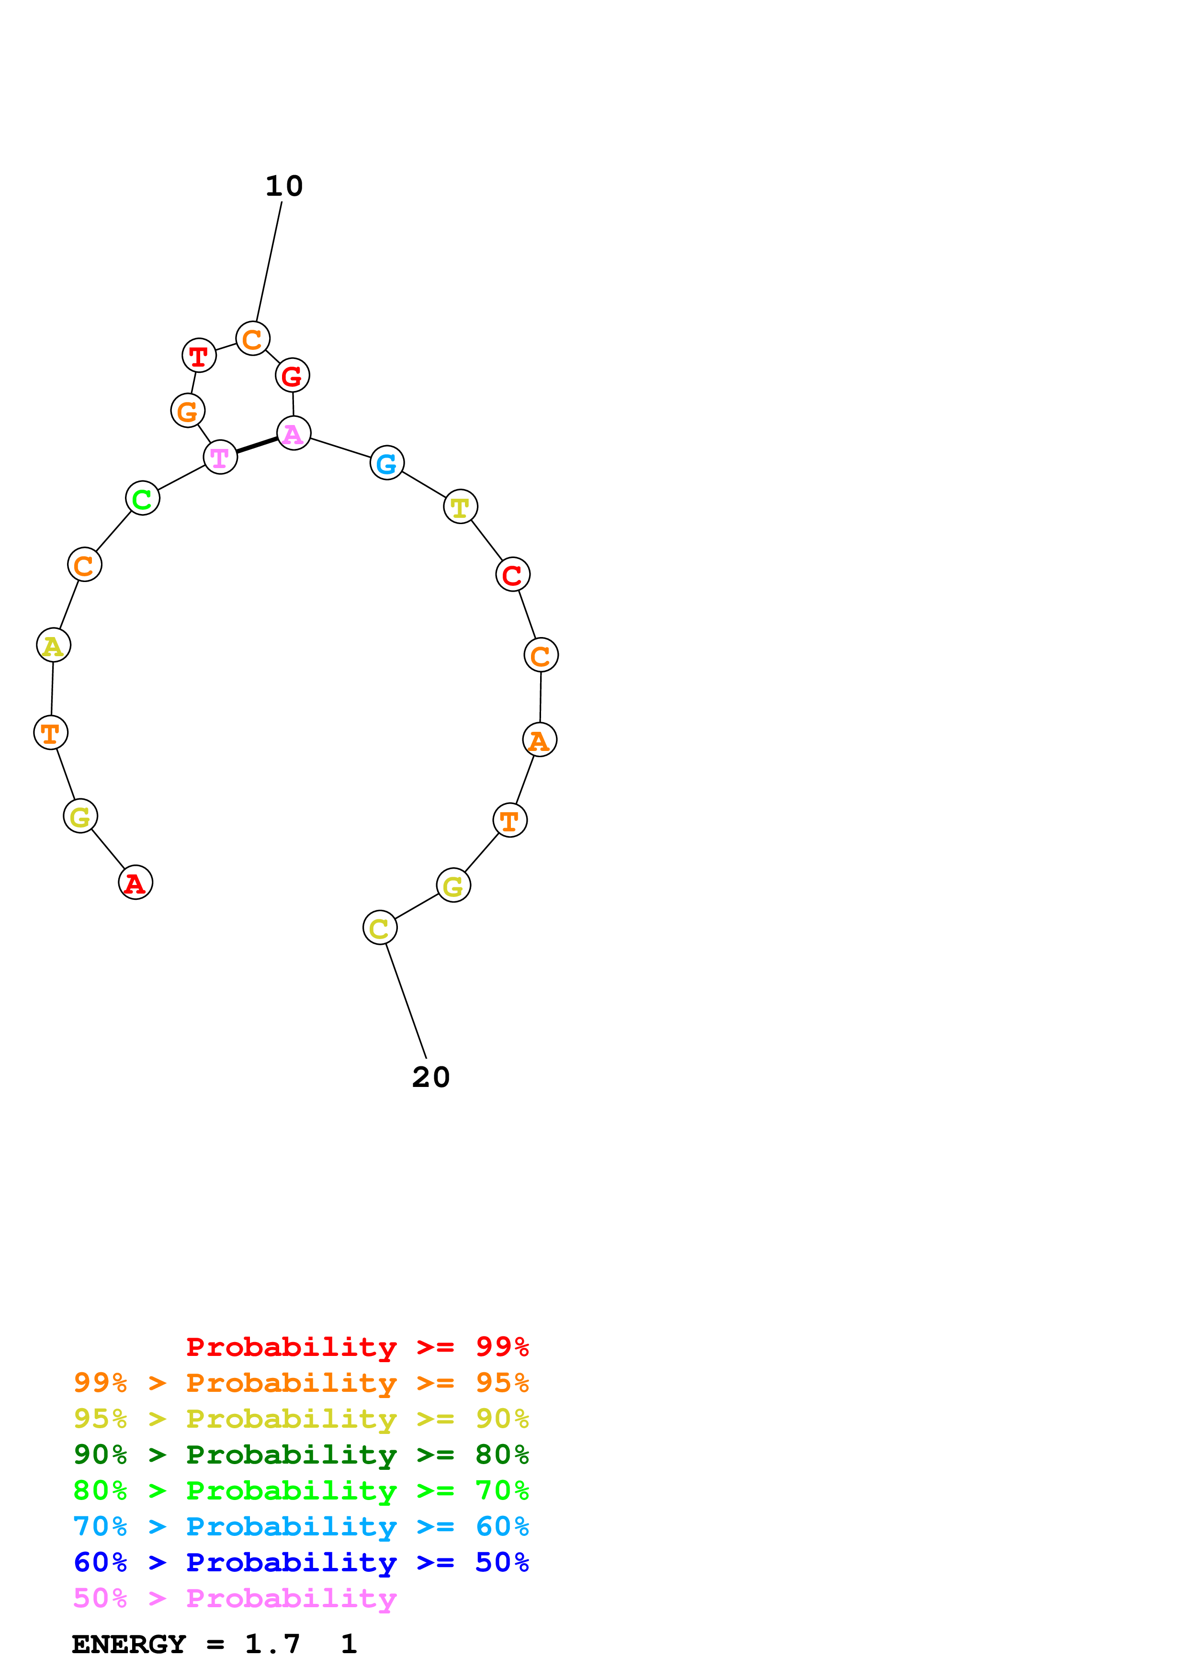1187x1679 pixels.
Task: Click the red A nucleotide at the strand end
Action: (x=136, y=882)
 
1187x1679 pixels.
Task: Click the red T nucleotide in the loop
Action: (x=199, y=356)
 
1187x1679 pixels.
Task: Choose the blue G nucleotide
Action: (x=387, y=462)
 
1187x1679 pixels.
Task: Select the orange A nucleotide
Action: (x=540, y=739)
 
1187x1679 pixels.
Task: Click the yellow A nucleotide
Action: (x=54, y=645)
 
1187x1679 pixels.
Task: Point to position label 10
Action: (x=284, y=187)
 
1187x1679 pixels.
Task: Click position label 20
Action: (x=431, y=1077)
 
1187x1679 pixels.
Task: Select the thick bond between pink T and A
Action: (x=257, y=445)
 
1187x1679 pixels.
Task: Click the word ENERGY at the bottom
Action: (x=129, y=1644)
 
